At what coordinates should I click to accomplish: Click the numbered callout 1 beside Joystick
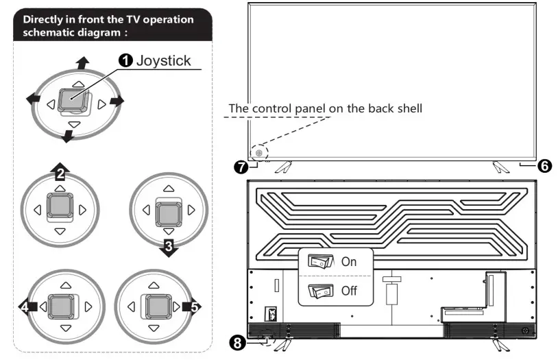[126, 61]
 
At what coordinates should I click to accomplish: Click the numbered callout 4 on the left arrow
[27, 307]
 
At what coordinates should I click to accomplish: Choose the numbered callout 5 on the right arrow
[195, 307]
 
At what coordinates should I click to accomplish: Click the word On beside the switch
[349, 262]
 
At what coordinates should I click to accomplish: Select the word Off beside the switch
[349, 291]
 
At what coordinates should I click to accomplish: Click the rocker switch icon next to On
[320, 261]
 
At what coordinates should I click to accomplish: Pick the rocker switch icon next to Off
[320, 291]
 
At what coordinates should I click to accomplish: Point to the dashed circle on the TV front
[259, 154]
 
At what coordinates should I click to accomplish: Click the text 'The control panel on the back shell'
[326, 108]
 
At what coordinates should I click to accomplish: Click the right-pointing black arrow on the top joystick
[116, 101]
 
